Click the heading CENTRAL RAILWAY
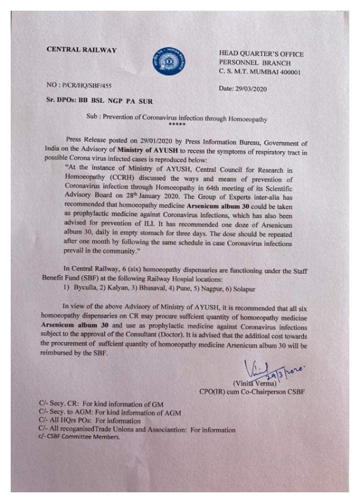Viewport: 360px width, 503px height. point(81,50)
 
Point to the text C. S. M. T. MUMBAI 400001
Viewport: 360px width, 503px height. point(260,71)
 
